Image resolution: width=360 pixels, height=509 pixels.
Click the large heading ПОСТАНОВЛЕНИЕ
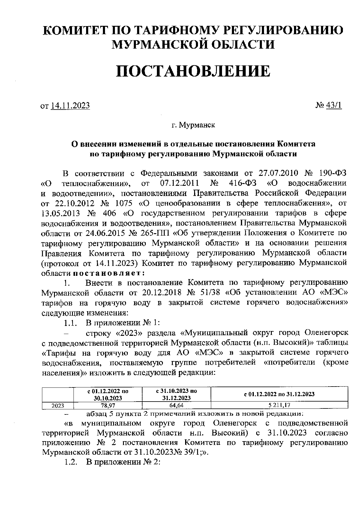[x=193, y=71]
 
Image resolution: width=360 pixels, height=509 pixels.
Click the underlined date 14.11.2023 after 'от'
[x=70, y=106]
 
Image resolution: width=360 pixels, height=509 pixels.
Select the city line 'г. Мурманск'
[x=193, y=125]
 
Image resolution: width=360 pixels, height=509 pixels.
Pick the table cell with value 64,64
[x=177, y=405]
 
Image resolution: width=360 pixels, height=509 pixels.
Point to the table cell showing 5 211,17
[x=279, y=405]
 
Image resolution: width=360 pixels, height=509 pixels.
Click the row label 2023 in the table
[x=58, y=405]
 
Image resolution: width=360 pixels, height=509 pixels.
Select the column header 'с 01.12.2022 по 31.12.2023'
[x=279, y=394]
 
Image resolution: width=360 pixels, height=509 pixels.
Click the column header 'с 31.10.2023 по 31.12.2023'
[x=177, y=394]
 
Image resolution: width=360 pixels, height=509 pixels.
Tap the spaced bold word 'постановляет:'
[x=109, y=273]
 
